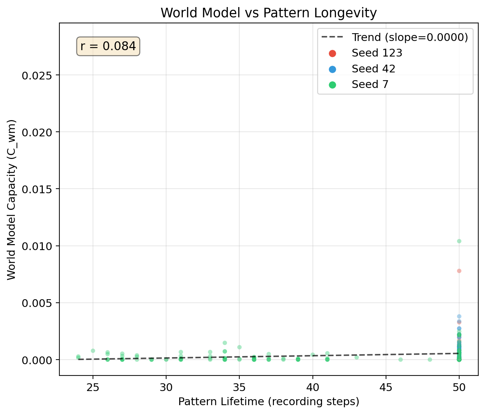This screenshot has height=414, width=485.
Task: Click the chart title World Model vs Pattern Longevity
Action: [x=269, y=13]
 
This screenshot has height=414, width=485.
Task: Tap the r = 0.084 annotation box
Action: [x=108, y=46]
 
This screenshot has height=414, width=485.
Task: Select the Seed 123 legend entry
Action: [x=377, y=53]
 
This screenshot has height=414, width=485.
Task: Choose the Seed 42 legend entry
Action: [x=373, y=69]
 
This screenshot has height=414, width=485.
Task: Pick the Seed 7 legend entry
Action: [x=370, y=84]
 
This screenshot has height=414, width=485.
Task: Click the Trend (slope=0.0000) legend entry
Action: [x=409, y=37]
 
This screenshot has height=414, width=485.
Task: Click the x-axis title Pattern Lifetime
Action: [x=269, y=402]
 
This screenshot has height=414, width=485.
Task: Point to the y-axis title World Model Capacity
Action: [x=11, y=200]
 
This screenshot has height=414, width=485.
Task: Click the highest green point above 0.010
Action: [x=459, y=241]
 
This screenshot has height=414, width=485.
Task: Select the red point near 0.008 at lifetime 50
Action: [x=459, y=271]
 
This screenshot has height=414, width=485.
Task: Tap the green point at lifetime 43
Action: [x=356, y=357]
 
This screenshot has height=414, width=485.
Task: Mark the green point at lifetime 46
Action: [x=400, y=360]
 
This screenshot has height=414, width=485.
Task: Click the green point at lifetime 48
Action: [x=430, y=360]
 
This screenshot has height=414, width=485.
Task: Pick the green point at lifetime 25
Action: [x=93, y=351]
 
